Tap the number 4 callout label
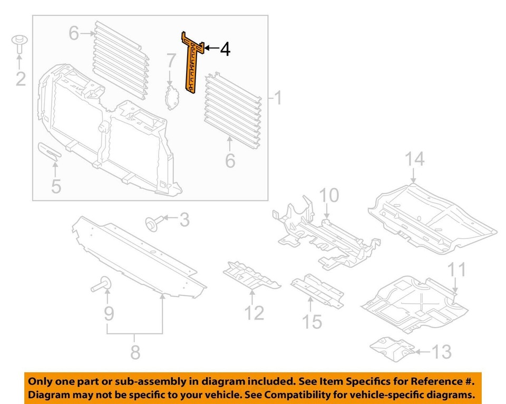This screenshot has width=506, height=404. point(225,50)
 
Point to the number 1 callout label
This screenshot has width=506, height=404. point(277,99)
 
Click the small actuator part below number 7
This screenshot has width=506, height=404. point(171,98)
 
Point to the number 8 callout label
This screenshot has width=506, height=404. point(135,352)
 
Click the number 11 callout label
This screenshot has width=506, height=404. point(456,270)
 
